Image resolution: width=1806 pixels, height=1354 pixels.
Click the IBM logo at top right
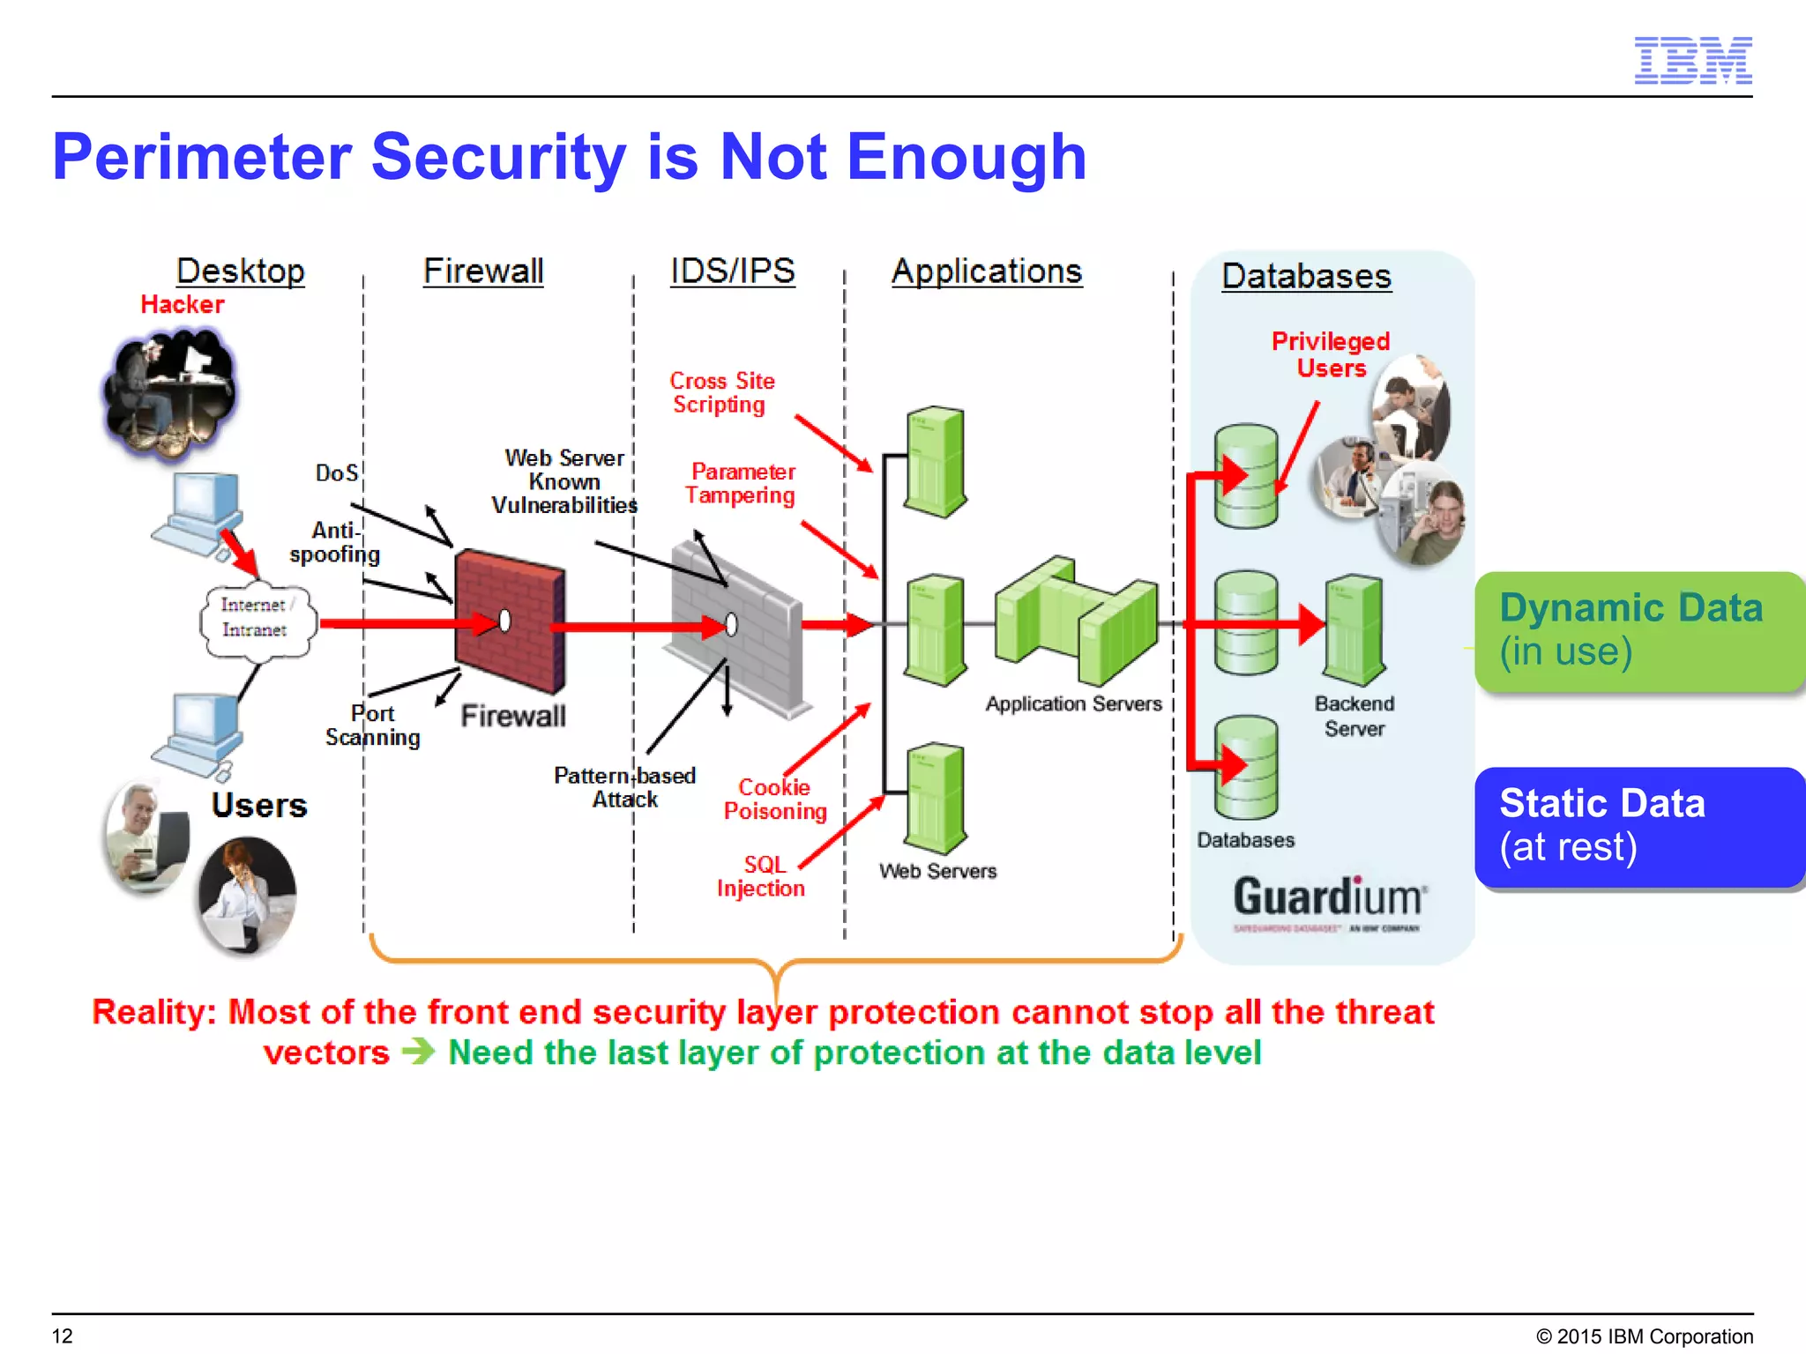(x=1692, y=61)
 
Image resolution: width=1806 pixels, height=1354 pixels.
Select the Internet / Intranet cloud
(x=256, y=618)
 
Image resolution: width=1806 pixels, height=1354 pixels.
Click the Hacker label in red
(x=183, y=305)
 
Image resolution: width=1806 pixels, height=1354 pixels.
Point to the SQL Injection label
(x=761, y=876)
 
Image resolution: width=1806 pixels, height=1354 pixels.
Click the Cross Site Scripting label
(x=721, y=393)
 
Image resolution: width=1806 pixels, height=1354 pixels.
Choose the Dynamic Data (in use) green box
(x=1638, y=631)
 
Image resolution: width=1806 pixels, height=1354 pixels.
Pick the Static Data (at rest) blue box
(x=1638, y=827)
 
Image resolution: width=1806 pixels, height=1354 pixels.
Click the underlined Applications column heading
(x=986, y=272)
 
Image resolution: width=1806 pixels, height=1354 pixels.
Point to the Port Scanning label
(x=372, y=725)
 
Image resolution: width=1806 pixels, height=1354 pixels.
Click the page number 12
(x=63, y=1335)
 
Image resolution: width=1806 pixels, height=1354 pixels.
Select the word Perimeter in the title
(x=202, y=158)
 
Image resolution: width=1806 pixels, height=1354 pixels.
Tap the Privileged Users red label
(x=1330, y=354)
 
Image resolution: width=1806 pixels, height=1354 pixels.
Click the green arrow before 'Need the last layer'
(x=418, y=1052)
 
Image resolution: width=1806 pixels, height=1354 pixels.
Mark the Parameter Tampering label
(x=742, y=483)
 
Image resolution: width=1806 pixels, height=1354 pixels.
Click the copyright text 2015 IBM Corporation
(x=1645, y=1336)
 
